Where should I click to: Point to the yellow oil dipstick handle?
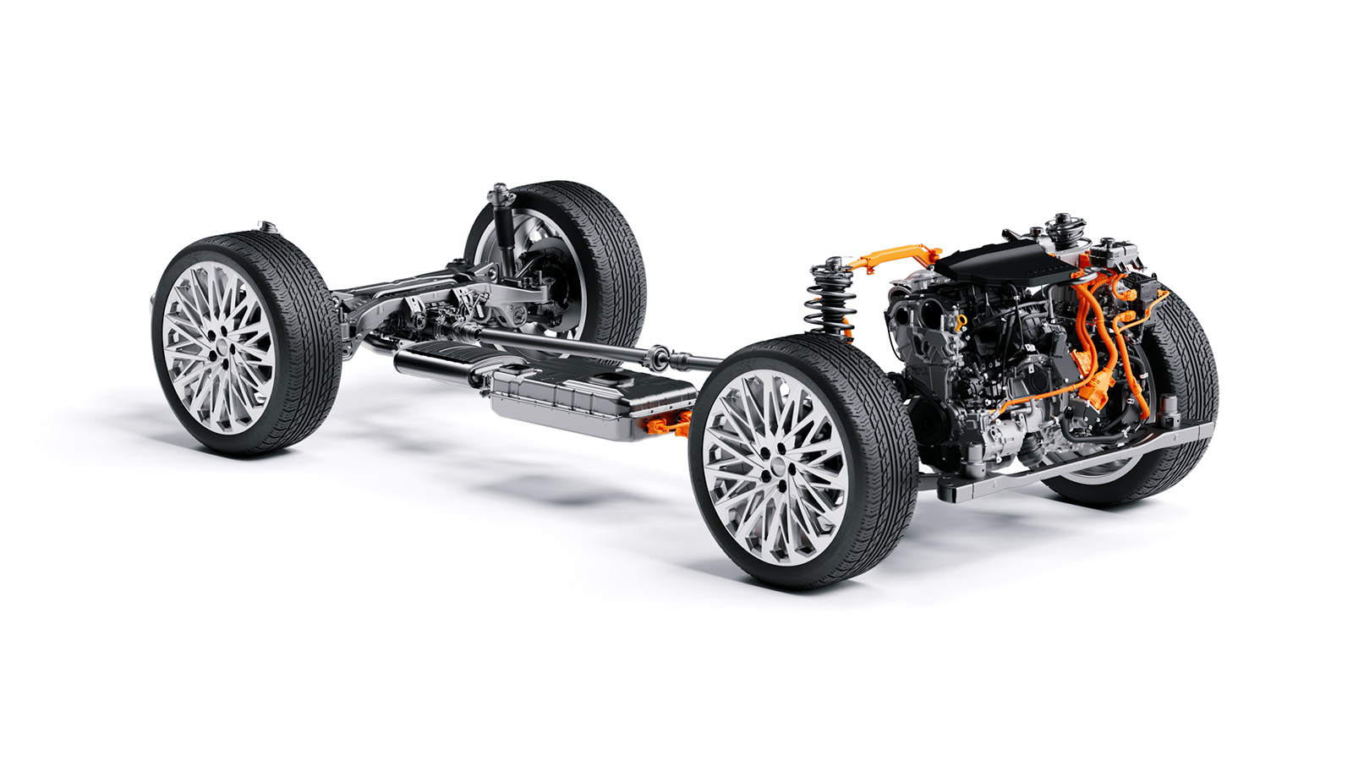(961, 321)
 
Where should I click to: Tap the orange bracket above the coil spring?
(896, 254)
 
